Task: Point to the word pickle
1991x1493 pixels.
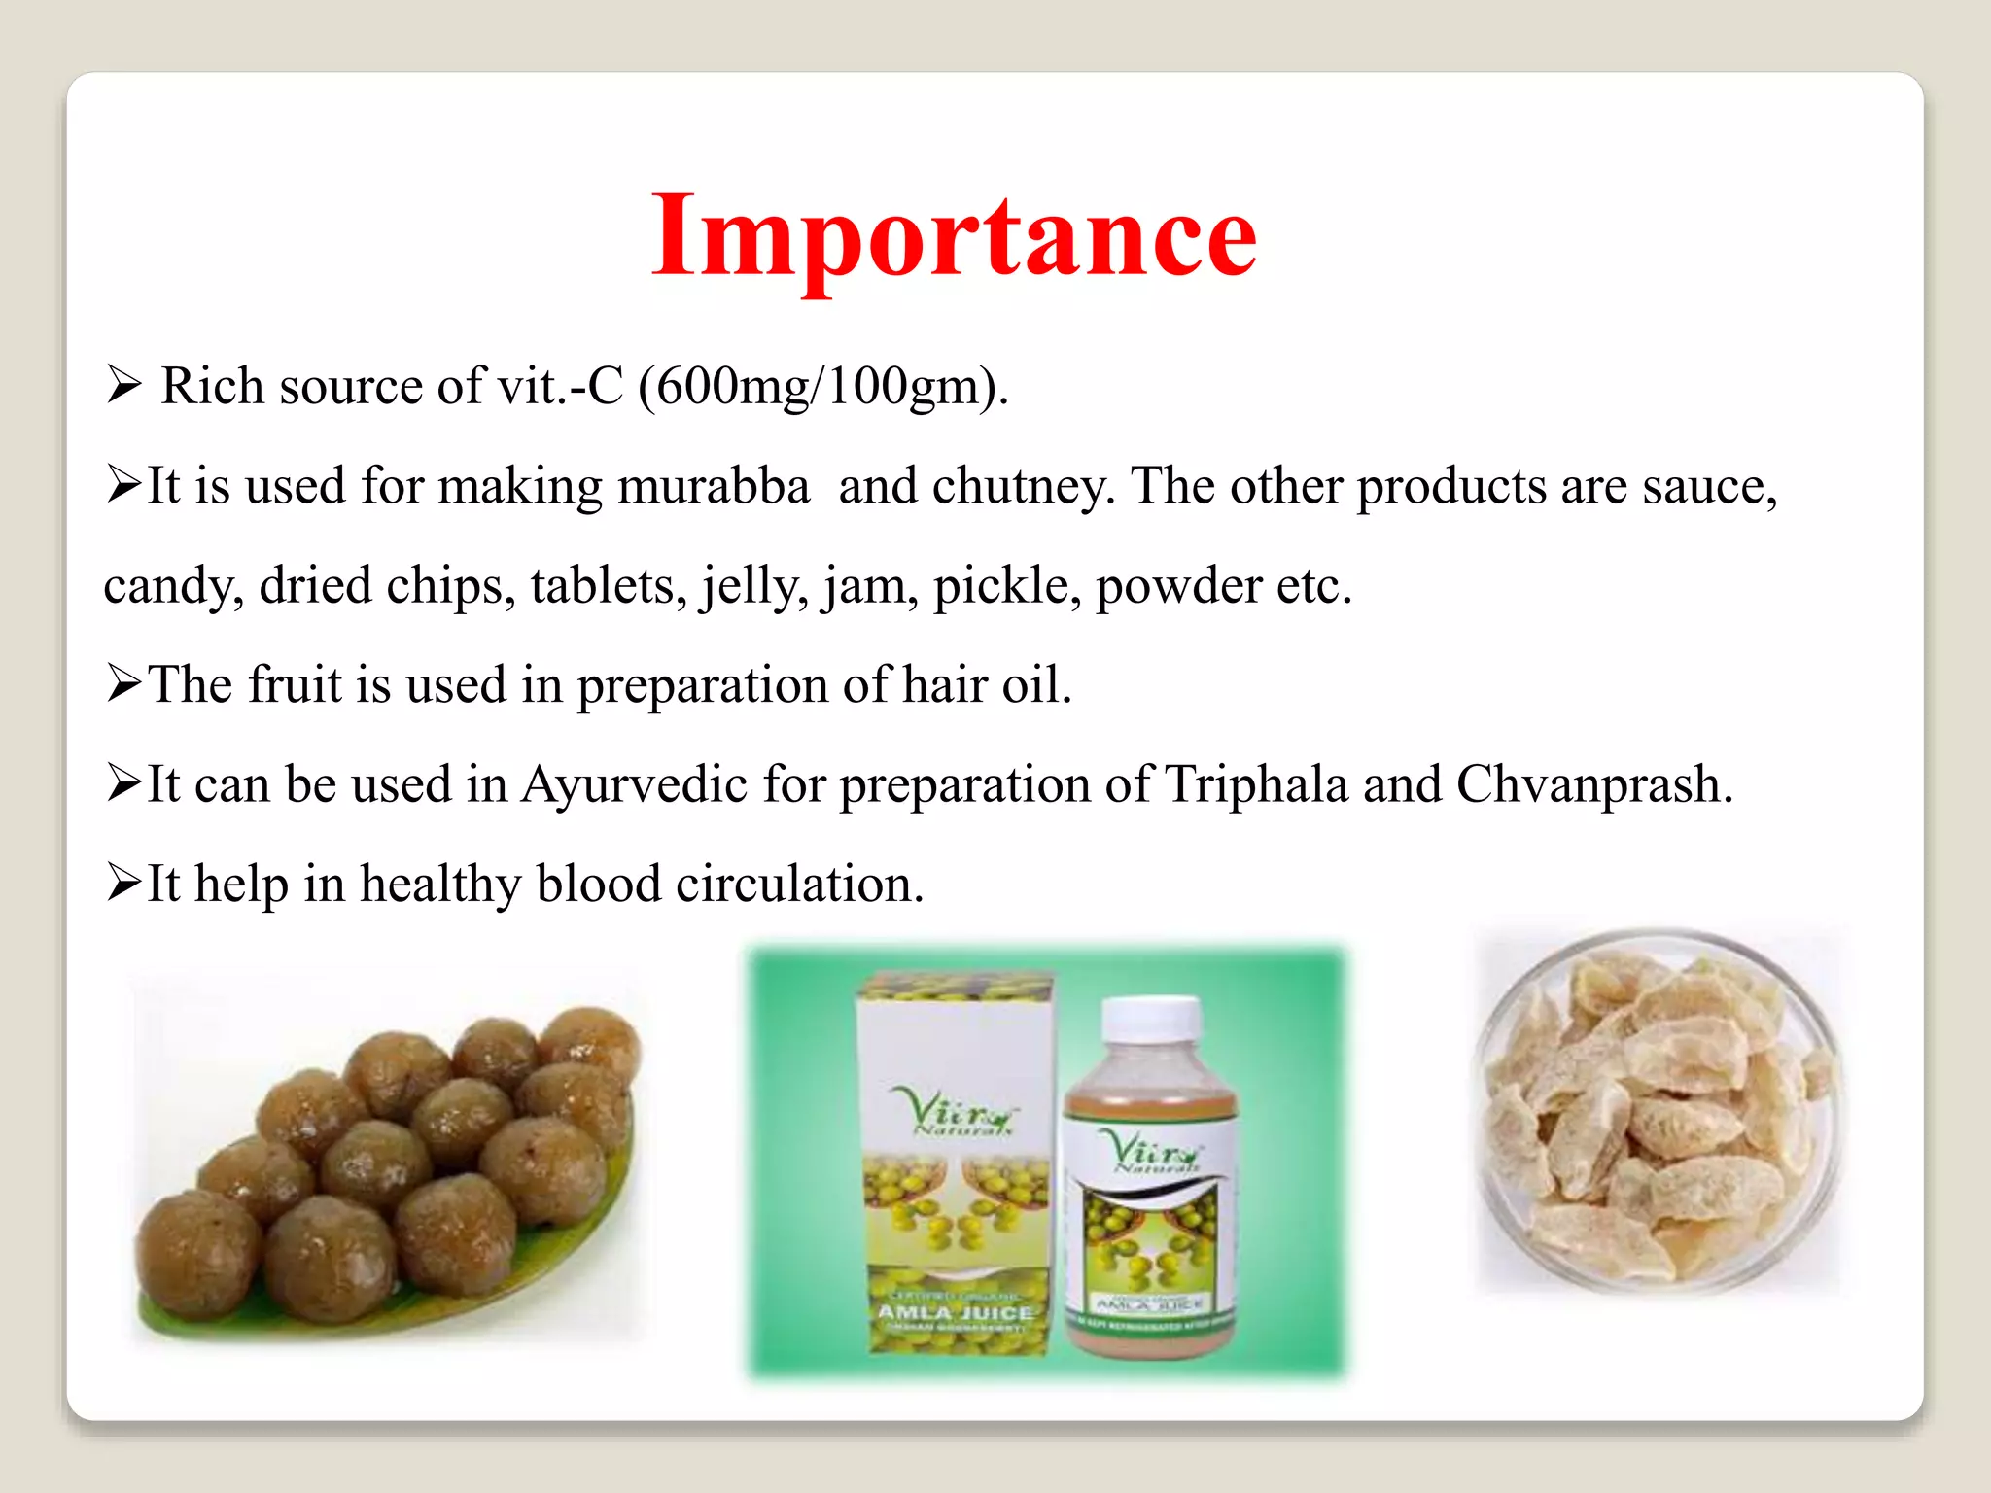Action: [1005, 587]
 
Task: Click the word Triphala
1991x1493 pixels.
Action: [1256, 785]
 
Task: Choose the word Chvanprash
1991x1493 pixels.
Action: [1593, 785]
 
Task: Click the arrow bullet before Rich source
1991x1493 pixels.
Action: [124, 386]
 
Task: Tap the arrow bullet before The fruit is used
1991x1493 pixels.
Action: [124, 684]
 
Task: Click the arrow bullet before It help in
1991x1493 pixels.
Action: [124, 884]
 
